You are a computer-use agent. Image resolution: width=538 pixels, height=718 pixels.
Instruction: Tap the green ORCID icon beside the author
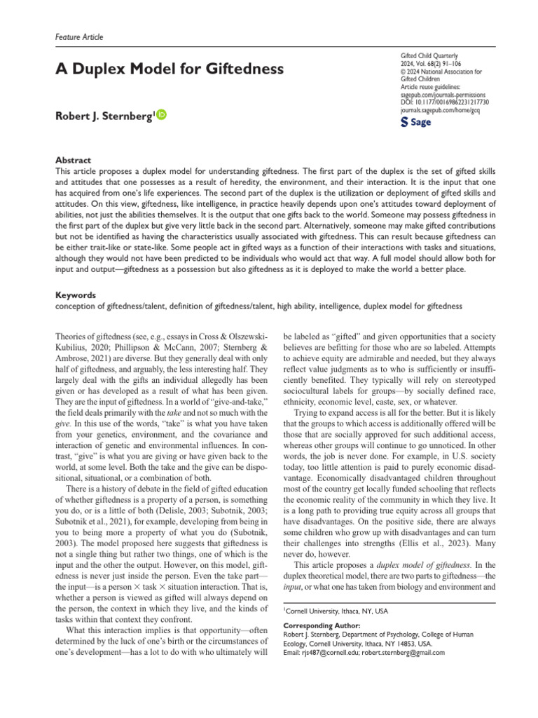coord(163,115)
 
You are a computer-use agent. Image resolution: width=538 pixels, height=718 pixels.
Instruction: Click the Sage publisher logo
coord(415,122)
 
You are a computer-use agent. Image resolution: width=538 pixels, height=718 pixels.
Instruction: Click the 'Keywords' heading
coord(75,296)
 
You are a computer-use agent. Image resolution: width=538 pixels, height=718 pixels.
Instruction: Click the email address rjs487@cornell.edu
coord(324,652)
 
